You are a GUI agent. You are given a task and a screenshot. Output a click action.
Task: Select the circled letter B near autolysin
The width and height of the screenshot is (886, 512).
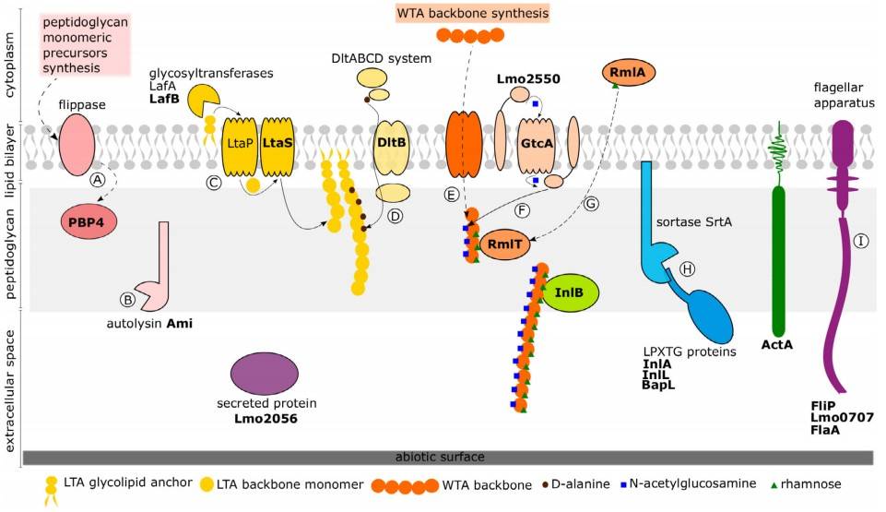(127, 298)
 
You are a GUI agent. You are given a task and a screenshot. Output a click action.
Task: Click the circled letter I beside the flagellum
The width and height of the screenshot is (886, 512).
(861, 241)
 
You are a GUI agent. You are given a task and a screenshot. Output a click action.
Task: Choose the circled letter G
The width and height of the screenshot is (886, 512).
(592, 203)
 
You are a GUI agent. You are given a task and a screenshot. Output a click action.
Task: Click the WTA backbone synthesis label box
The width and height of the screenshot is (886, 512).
(473, 13)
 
